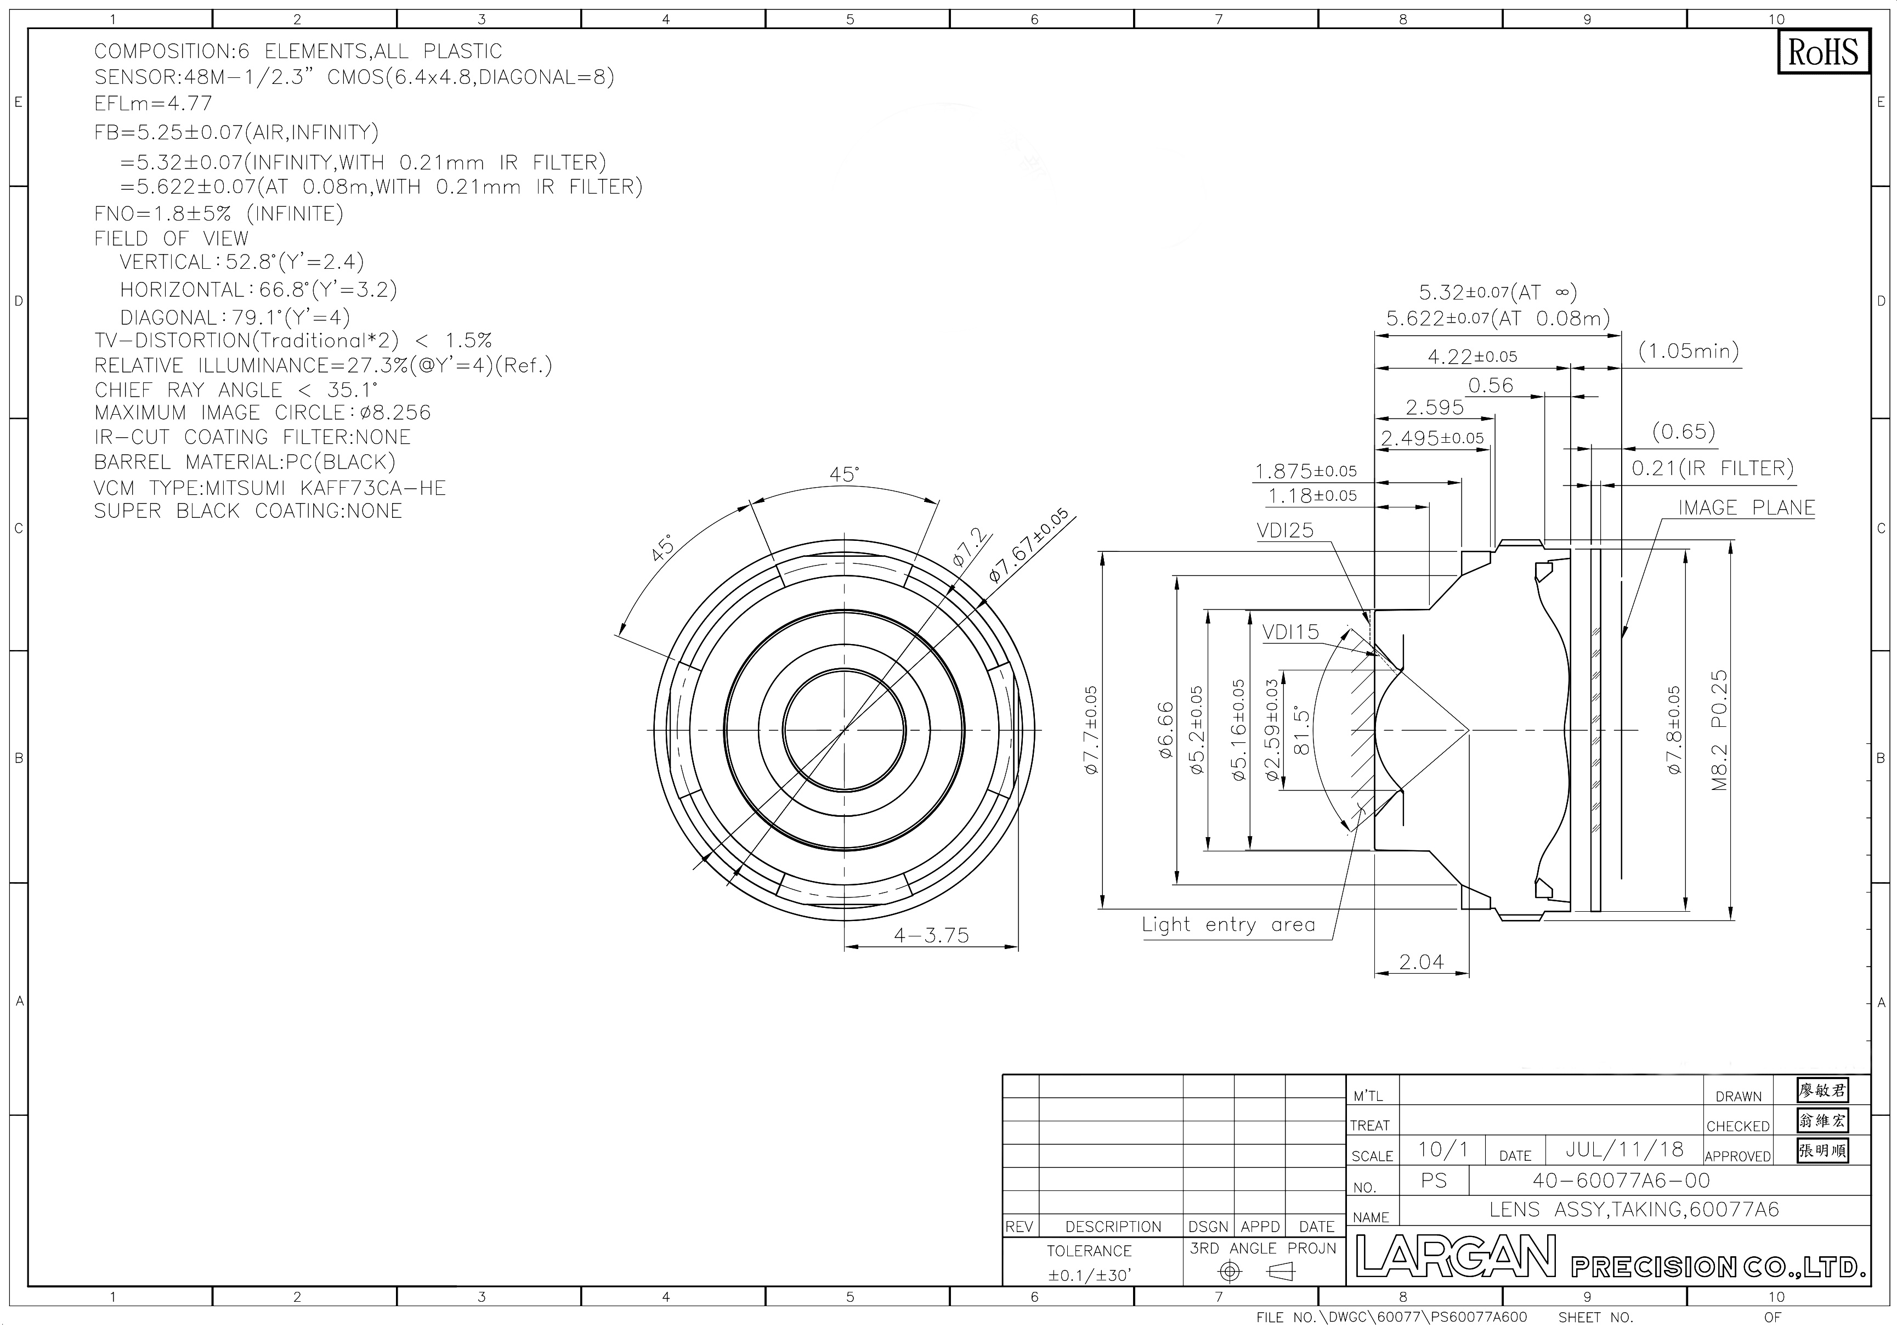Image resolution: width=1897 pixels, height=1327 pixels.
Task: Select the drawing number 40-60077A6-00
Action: [1622, 1180]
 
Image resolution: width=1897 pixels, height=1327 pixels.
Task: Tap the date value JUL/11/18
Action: [1624, 1149]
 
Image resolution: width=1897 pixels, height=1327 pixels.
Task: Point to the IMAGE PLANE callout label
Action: [1747, 507]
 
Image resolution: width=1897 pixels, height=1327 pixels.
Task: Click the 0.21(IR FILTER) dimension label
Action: [1713, 468]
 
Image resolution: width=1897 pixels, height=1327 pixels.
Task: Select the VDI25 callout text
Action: [1285, 530]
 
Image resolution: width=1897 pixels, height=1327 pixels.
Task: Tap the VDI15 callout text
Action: [1290, 632]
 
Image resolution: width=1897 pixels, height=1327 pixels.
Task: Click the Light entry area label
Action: [1228, 924]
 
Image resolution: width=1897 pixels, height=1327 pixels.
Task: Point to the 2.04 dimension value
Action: [1421, 961]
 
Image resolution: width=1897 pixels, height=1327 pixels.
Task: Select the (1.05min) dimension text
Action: [1689, 351]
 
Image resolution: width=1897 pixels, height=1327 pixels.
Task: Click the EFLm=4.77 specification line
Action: [153, 103]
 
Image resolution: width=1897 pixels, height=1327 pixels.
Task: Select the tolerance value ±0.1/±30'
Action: [1089, 1275]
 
